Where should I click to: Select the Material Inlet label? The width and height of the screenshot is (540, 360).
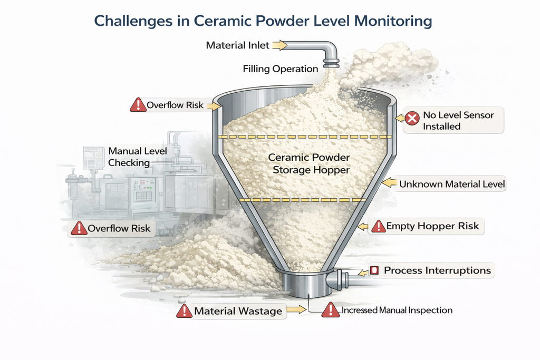point(238,45)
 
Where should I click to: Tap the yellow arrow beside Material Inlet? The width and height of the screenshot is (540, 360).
point(279,45)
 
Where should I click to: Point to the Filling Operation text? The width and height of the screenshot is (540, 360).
point(281,69)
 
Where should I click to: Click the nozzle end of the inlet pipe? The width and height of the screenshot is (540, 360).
point(331,63)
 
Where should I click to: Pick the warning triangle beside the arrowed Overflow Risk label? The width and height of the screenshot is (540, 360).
point(138,105)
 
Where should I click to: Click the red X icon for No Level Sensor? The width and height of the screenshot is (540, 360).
point(412,119)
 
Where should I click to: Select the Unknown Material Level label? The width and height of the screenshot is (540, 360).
point(452,184)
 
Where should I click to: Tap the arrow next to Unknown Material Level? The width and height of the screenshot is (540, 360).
point(390,183)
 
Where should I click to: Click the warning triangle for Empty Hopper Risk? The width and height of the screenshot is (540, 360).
point(379,226)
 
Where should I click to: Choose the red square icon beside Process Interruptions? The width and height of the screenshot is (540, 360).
point(374,270)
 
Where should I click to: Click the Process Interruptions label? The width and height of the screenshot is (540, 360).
point(437,270)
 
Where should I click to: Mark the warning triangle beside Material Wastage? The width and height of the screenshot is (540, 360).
point(184,311)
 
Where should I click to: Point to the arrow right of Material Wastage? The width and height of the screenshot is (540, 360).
point(296,309)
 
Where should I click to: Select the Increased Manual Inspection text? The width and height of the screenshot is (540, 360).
point(397,310)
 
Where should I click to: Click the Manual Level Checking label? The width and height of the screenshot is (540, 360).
point(138,157)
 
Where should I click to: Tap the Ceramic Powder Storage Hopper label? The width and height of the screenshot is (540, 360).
point(309,163)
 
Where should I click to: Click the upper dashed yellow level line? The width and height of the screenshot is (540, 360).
point(305,137)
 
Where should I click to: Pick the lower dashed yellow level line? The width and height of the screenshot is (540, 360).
point(303,200)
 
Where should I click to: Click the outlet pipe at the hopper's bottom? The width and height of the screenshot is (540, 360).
point(348,279)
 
